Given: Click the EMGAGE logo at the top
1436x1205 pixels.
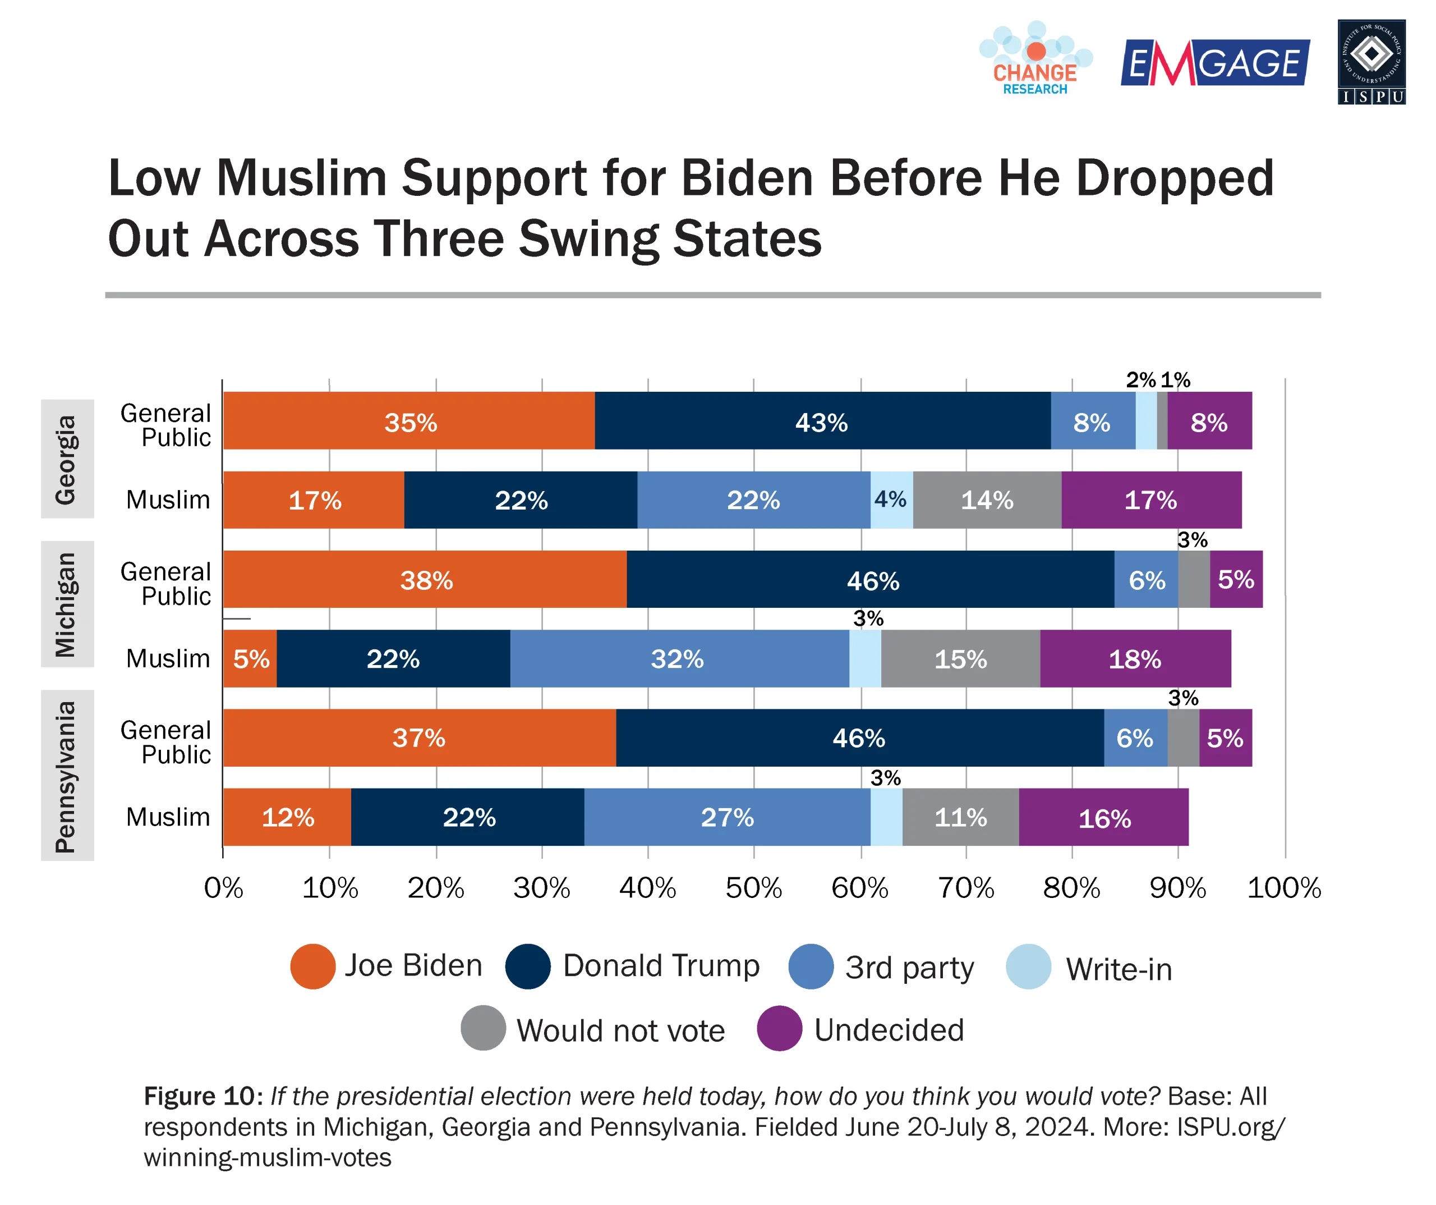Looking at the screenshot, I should click(x=1214, y=63).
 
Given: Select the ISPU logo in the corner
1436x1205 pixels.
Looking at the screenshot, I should click(x=1371, y=62).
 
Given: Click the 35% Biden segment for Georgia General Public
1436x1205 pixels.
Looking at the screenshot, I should click(x=409, y=421).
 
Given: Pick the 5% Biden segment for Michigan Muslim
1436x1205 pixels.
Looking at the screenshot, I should click(x=250, y=658).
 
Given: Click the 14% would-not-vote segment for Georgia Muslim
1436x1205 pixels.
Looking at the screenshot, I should click(x=987, y=500).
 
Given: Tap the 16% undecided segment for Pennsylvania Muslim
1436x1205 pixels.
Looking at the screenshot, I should click(x=1104, y=817).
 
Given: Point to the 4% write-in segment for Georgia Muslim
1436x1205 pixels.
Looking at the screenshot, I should click(x=891, y=500).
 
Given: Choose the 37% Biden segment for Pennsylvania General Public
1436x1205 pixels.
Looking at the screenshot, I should click(x=419, y=737).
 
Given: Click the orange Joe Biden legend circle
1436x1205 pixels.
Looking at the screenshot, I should click(x=312, y=966).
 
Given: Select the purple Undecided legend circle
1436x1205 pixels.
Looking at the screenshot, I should click(x=779, y=1028).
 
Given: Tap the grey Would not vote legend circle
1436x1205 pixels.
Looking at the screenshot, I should click(x=483, y=1028).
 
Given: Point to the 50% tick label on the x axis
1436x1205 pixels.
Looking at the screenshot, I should click(x=753, y=888).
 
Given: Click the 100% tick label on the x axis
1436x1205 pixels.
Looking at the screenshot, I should click(x=1283, y=888).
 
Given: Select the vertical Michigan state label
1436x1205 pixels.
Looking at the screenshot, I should click(x=66, y=604).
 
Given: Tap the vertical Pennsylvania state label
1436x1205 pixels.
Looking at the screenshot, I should click(x=66, y=776).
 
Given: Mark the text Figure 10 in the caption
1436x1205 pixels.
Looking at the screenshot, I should click(x=199, y=1096).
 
